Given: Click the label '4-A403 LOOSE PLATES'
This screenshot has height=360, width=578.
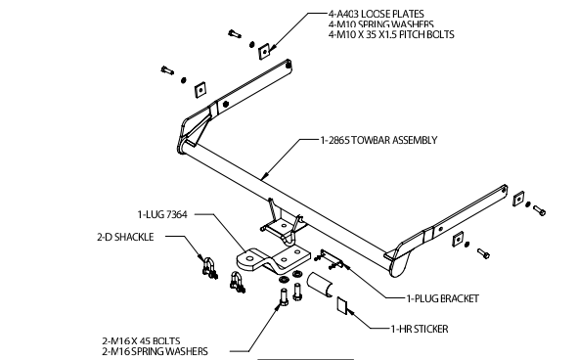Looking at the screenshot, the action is (x=376, y=14).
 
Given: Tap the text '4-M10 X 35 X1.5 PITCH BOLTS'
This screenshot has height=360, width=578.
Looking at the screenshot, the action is (x=391, y=34).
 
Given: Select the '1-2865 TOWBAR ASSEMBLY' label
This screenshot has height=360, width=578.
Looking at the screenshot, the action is (x=378, y=140).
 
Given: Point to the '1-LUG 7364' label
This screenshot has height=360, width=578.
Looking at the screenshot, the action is (x=162, y=214).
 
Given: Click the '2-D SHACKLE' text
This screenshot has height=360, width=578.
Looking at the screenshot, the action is (x=125, y=237).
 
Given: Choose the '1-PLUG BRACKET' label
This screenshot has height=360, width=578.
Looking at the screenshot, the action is (x=442, y=298).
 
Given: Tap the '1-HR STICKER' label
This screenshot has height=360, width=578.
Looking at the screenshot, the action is (x=420, y=329).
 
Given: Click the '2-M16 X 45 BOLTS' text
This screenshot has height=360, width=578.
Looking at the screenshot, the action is (x=141, y=340).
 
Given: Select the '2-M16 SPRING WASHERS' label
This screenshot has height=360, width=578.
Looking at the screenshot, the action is (x=155, y=351).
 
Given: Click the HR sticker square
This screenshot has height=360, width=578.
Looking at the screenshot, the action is (x=341, y=305).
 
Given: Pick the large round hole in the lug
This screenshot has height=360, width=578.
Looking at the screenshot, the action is (x=250, y=257).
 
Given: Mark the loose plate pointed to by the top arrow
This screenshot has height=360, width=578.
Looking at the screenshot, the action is (x=264, y=51).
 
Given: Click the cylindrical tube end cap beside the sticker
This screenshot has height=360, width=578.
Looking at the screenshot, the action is (x=320, y=284).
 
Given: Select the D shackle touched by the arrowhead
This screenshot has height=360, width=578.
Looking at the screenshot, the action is (x=208, y=267).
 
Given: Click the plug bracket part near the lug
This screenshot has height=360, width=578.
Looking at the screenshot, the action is (x=330, y=259).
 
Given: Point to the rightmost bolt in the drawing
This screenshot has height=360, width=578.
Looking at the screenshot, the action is (x=539, y=210).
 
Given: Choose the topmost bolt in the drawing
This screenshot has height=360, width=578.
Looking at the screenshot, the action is (x=235, y=34).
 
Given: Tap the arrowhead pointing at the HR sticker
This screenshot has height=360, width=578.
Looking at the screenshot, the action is (x=350, y=313).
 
